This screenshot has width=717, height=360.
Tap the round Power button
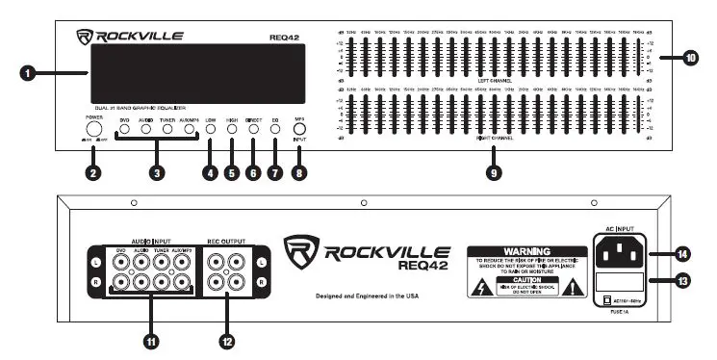pyautogui.click(x=94, y=130)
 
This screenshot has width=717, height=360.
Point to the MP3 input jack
pyautogui.click(x=299, y=147)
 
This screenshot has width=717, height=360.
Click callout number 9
pyautogui.click(x=495, y=174)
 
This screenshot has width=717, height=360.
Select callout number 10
pyautogui.click(x=689, y=59)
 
